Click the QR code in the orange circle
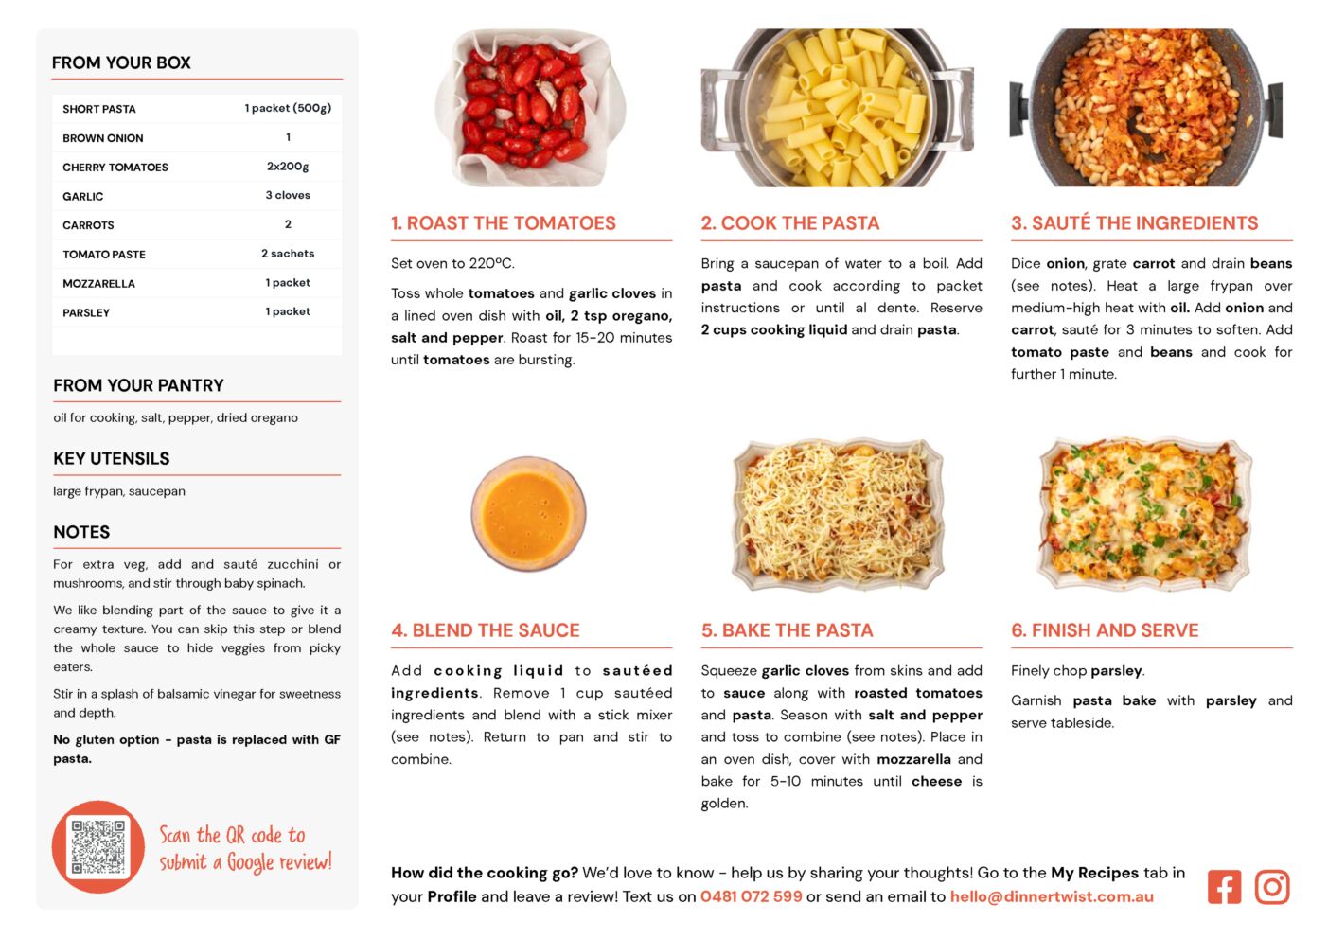(x=98, y=846)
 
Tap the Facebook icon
(x=1224, y=887)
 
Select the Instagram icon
(x=1272, y=887)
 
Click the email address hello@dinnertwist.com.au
(x=1052, y=896)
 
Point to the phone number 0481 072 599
(x=751, y=896)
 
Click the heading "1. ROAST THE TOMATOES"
(x=504, y=222)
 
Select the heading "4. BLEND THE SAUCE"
(x=485, y=630)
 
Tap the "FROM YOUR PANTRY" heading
(x=138, y=385)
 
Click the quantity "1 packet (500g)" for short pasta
(x=288, y=108)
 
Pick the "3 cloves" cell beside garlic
(x=288, y=195)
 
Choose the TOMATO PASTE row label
(x=104, y=255)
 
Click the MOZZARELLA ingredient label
(x=99, y=283)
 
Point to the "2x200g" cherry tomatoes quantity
(x=288, y=167)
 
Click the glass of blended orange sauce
(x=528, y=513)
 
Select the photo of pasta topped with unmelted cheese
(x=838, y=515)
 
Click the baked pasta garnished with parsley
(x=1145, y=515)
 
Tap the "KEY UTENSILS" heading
(x=112, y=458)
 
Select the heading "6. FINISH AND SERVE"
(x=1105, y=630)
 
